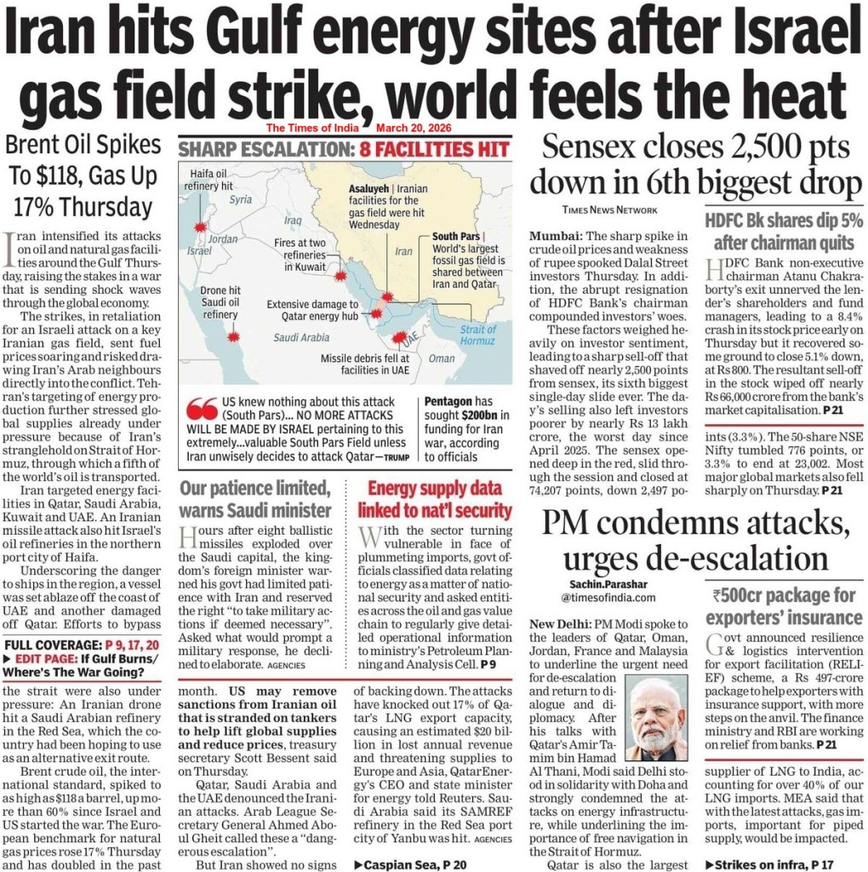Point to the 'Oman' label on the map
pos(442,359)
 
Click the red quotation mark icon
pos(201,406)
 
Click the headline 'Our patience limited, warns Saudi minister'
pos(254,500)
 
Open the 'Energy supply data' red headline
pos(434,500)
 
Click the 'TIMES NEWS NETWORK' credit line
pos(609,209)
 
